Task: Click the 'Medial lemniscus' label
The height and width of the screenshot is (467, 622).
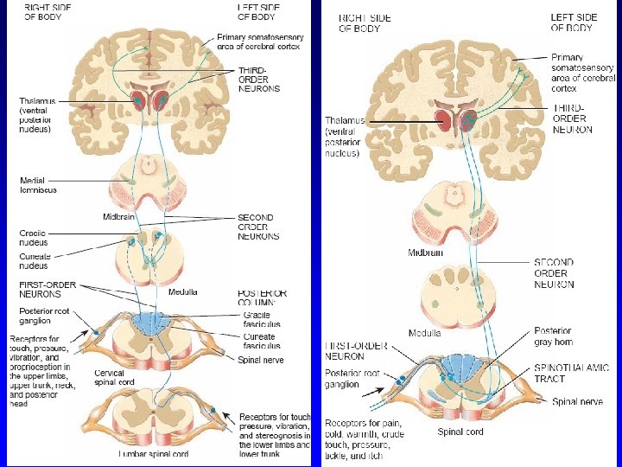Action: [39, 185]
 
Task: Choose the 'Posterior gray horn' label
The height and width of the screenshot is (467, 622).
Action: [553, 336]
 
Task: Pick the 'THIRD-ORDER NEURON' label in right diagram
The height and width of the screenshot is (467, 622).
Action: [573, 118]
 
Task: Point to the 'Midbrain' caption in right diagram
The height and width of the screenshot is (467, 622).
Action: [426, 253]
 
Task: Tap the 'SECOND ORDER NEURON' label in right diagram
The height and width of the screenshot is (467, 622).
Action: [554, 272]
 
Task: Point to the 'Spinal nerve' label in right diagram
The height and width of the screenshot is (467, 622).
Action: [577, 402]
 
